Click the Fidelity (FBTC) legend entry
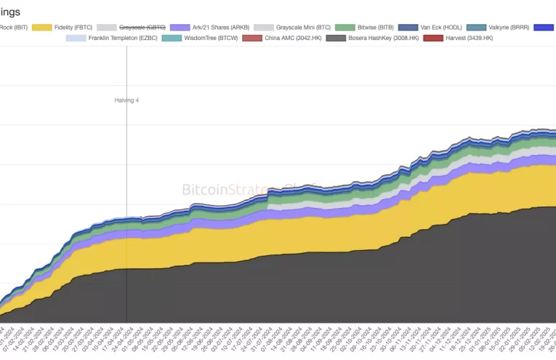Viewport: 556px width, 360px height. (73, 27)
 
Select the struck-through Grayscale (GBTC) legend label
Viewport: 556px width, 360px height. (146, 27)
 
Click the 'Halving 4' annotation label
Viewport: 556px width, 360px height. (126, 100)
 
